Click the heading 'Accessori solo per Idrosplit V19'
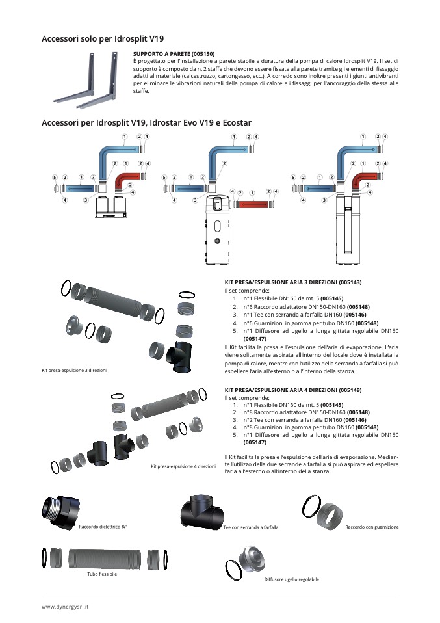point(103,39)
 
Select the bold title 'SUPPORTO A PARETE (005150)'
point(174,53)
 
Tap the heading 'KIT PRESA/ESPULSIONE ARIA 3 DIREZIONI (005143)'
point(292,282)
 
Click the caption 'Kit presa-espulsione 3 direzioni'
point(74,370)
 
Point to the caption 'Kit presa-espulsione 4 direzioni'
point(183,466)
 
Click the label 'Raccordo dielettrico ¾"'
point(103,527)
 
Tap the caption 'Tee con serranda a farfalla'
point(251,527)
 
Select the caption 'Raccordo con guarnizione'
point(372,527)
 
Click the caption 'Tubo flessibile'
point(102,574)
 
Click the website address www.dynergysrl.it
point(66,606)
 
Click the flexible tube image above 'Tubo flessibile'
point(104,559)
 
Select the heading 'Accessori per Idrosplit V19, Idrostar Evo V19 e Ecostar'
point(146,122)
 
